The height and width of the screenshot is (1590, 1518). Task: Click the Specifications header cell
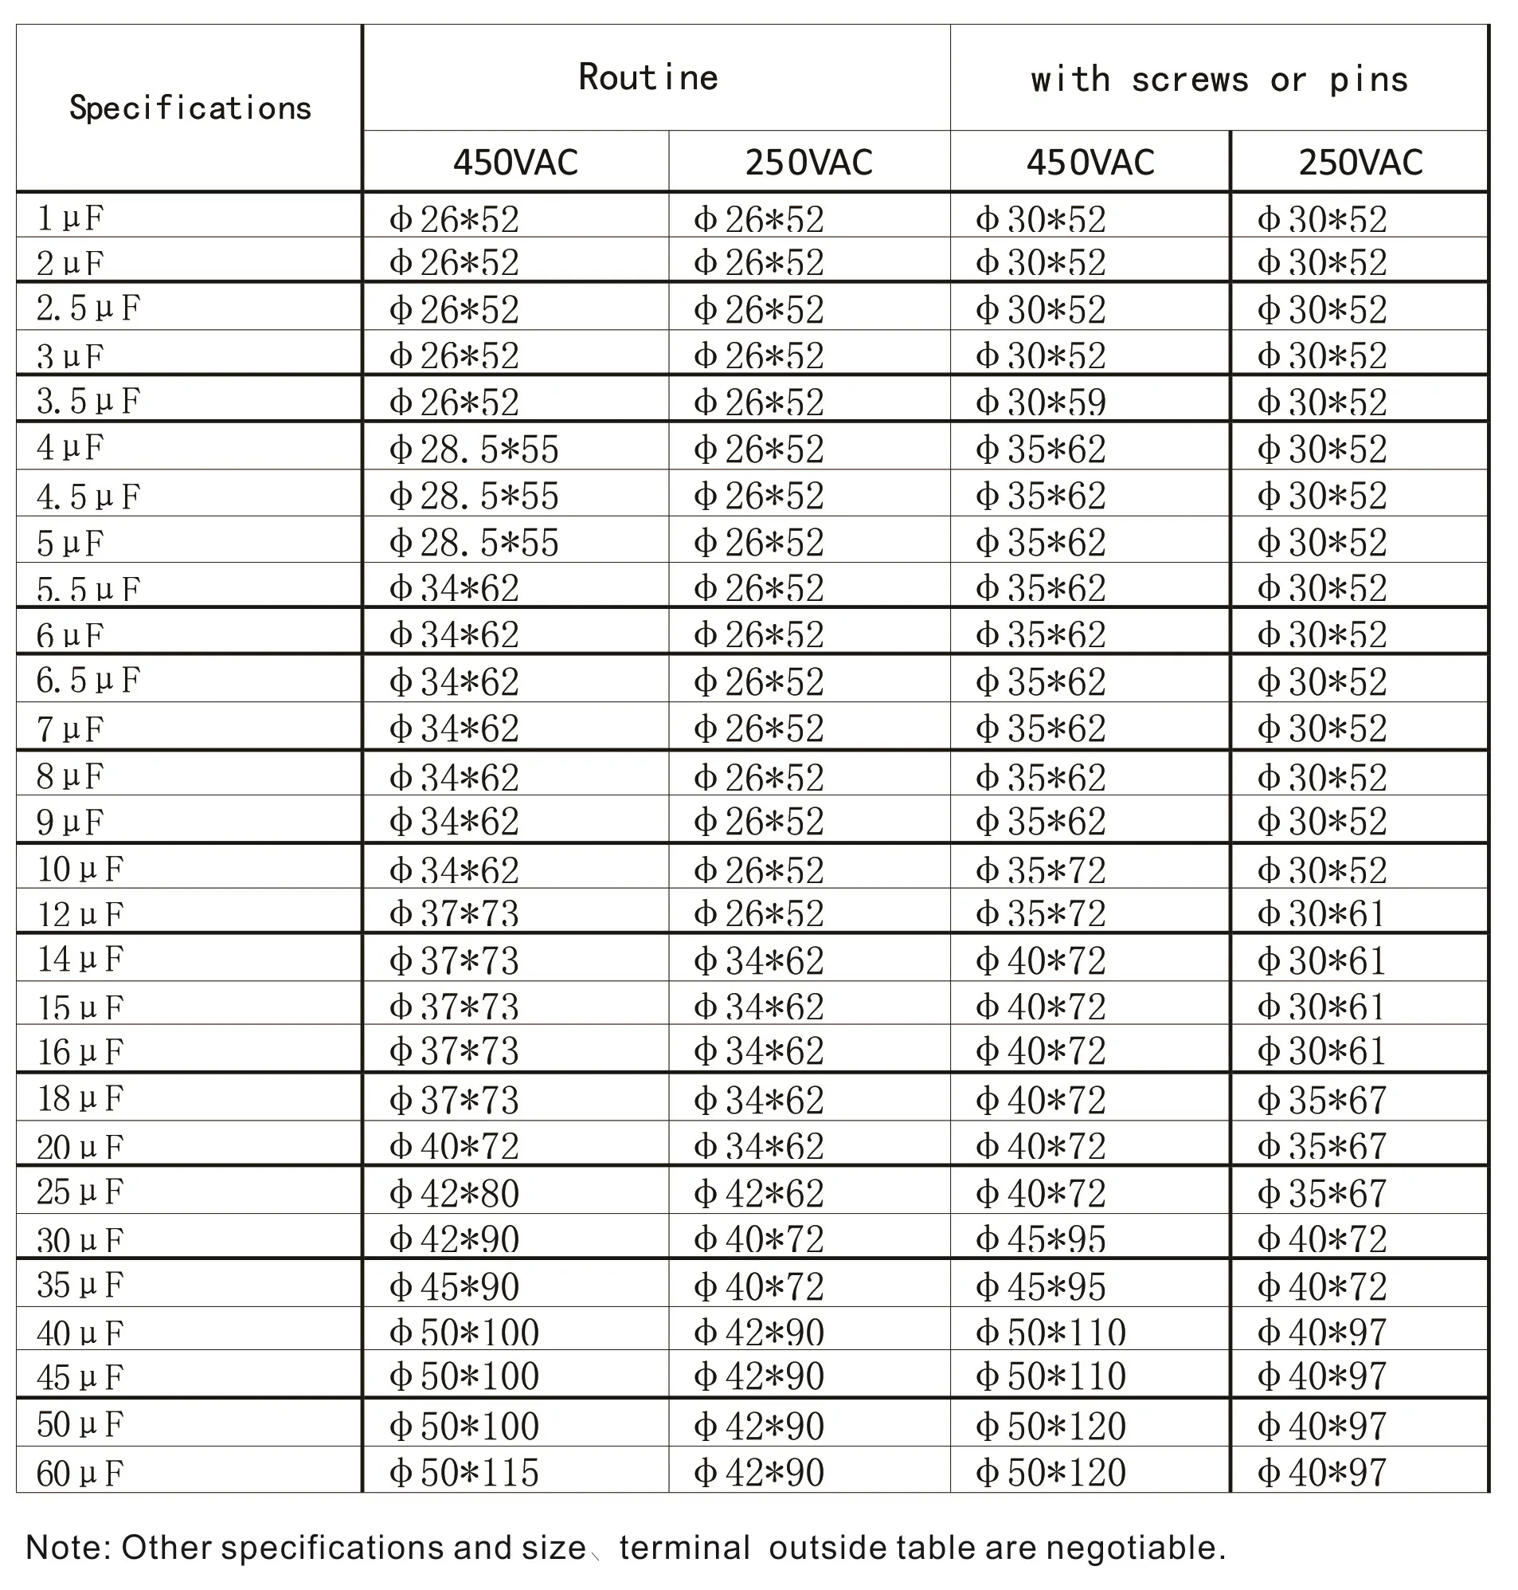coord(190,108)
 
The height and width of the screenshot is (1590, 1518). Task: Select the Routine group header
coord(648,78)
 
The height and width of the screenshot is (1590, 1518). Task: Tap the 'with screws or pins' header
coord(1219,80)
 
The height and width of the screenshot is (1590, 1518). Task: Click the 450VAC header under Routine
coord(515,162)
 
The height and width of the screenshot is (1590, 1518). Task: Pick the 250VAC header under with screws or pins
coord(1360,162)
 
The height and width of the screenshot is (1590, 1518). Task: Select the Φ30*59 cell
coord(1041,402)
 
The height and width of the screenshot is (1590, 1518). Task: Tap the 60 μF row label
coord(80,1473)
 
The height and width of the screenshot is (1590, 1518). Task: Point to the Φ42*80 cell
coord(454,1192)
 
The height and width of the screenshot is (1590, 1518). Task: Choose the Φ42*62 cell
coord(758,1192)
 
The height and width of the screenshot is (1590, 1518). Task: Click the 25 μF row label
coord(80,1192)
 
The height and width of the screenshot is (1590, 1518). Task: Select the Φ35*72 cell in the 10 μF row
coord(1041,870)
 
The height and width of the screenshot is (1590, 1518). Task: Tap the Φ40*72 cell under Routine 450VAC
coord(454,1145)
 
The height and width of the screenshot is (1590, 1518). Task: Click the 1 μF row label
coord(70,218)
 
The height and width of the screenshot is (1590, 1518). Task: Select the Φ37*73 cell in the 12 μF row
coord(454,913)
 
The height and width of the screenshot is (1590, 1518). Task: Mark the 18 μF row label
coord(80,1098)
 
